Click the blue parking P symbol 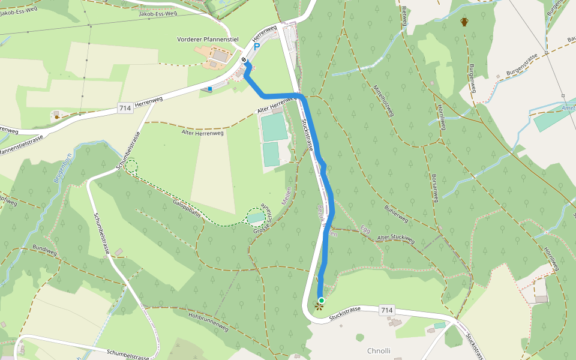coord(257,46)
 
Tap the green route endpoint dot coord(322,300)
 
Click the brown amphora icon coord(464,22)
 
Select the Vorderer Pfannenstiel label coord(208,40)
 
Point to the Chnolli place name coord(379,350)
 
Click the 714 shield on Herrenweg coord(125,108)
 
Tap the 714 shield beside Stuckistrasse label coord(387,310)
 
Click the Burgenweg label coord(472,78)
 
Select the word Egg coord(365,228)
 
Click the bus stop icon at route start coord(244,60)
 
